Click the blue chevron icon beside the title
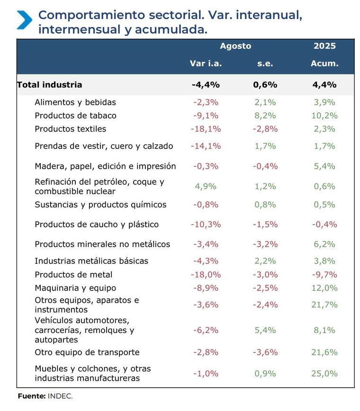24,20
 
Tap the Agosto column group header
235,46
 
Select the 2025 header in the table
324,46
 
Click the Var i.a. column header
206,63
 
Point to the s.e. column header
265,63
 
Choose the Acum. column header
324,63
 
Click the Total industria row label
50,85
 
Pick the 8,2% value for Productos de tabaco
265,116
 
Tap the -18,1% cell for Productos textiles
206,129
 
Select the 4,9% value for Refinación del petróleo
206,186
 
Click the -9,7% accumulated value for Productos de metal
324,275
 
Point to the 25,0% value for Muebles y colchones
324,374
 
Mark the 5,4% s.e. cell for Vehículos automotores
265,330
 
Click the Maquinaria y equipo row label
75,288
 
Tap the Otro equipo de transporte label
87,352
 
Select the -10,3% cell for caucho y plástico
206,224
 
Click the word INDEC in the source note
60,396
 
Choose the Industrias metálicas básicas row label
91,261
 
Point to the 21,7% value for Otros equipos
324,305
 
